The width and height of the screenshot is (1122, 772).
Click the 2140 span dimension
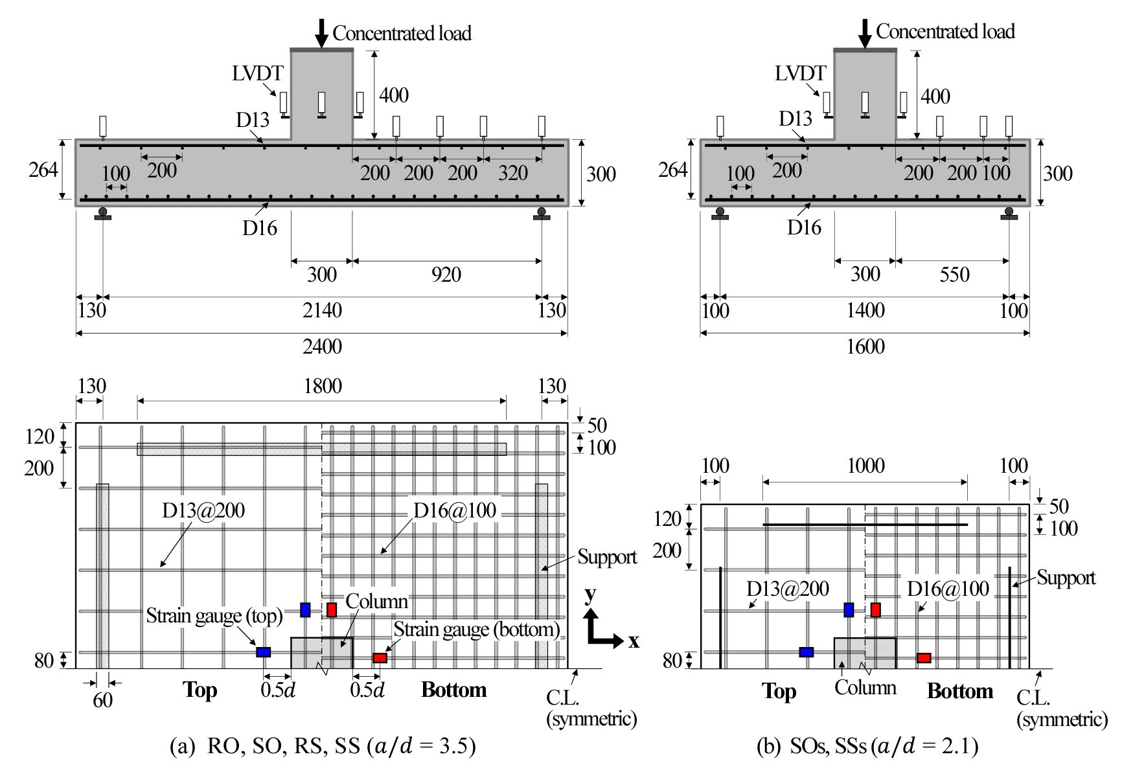point(322,310)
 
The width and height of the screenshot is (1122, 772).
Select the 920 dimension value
point(446,275)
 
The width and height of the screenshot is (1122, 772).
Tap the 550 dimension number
point(955,275)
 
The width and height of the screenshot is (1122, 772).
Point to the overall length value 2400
point(322,346)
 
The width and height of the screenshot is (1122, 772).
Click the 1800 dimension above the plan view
point(323,386)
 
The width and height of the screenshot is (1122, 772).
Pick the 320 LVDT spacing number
point(513,173)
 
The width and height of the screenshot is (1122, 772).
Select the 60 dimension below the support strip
point(102,700)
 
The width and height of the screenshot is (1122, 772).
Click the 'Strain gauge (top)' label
point(214,615)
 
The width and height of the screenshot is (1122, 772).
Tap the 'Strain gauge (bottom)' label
point(477,630)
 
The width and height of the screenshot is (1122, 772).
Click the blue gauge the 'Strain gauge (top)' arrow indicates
point(263,652)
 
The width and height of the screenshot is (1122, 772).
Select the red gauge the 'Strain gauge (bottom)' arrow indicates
point(380,658)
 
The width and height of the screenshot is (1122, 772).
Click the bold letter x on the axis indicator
point(634,641)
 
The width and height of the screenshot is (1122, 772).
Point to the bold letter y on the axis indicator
point(590,595)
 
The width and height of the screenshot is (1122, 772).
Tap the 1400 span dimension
point(865,310)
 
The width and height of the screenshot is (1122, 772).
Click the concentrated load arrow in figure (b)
point(865,34)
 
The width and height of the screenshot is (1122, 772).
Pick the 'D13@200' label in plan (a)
point(203,510)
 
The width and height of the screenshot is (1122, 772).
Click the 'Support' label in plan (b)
point(1066,578)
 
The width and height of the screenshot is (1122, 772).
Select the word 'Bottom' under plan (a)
point(454,690)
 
